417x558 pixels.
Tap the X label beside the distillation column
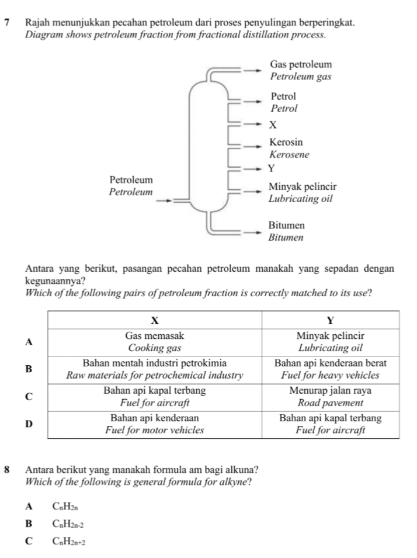[272, 124]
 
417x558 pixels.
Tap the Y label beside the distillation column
[270, 169]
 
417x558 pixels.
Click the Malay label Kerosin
[286, 142]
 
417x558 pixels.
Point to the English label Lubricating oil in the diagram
[300, 199]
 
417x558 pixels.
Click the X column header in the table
[155, 320]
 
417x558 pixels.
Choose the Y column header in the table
[331, 320]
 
